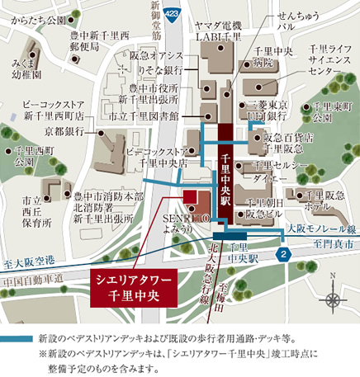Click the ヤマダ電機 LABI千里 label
click(218, 32)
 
